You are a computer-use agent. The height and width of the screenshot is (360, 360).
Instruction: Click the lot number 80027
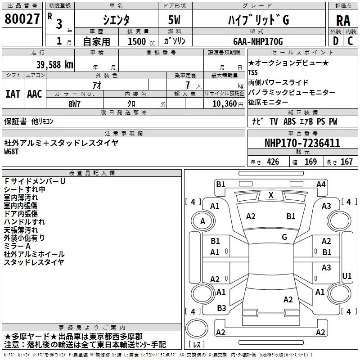[22, 19]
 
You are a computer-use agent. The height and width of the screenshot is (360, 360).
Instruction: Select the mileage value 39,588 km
[55, 65]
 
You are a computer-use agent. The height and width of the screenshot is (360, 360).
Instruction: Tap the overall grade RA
[343, 21]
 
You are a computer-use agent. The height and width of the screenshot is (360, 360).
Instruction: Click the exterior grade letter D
[336, 41]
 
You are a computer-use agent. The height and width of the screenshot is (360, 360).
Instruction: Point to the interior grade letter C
[350, 41]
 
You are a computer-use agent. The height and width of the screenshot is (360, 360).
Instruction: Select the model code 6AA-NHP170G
[258, 41]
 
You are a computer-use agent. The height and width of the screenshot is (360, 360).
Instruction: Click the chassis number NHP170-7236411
[302, 143]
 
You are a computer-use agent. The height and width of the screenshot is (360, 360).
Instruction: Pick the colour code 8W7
[74, 104]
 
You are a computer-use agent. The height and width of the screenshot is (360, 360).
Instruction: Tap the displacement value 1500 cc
[141, 41]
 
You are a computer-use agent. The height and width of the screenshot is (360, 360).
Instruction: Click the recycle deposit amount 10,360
[225, 104]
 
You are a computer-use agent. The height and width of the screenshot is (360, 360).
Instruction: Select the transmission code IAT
[13, 94]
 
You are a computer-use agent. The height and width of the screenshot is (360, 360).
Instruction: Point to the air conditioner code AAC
[35, 94]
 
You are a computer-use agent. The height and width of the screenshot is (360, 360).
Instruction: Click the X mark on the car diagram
[271, 195]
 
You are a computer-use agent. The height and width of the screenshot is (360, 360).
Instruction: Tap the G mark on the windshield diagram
[284, 237]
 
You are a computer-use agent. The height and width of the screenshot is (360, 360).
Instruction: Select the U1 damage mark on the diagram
[346, 276]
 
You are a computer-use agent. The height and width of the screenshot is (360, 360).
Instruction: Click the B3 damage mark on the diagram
[221, 308]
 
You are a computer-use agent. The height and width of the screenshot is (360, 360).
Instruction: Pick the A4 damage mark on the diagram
[321, 184]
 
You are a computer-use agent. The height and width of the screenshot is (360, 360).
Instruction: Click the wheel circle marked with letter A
[203, 221]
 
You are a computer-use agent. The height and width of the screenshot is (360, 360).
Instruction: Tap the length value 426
[273, 162]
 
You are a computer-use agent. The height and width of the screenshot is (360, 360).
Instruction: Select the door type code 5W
[174, 20]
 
